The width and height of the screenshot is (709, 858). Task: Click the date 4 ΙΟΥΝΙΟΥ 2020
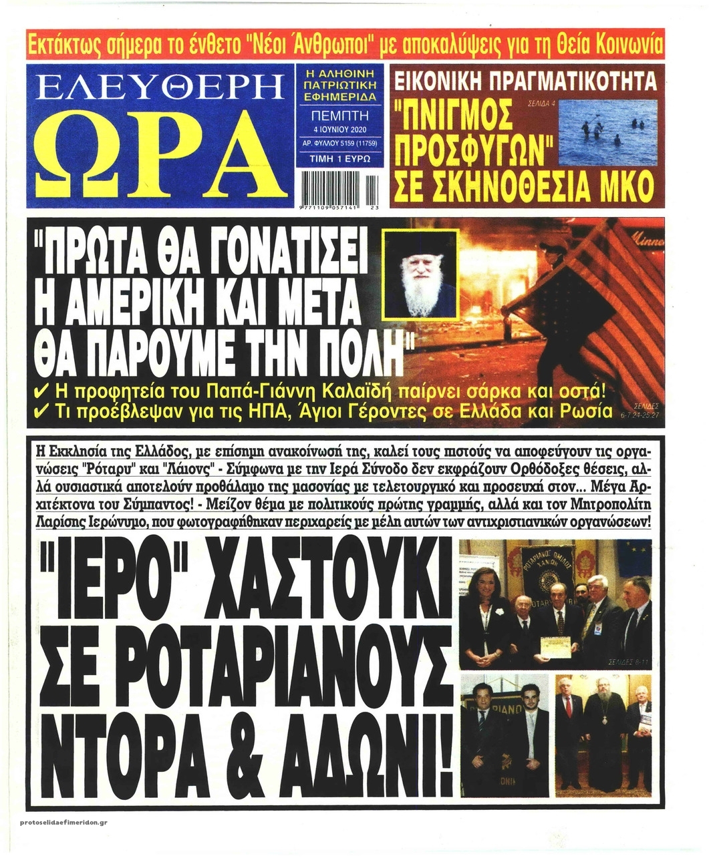pyautogui.click(x=339, y=129)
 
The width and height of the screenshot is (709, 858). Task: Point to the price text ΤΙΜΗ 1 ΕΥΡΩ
pyautogui.click(x=339, y=159)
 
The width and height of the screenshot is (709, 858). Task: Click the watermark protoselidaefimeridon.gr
pyautogui.click(x=64, y=822)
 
